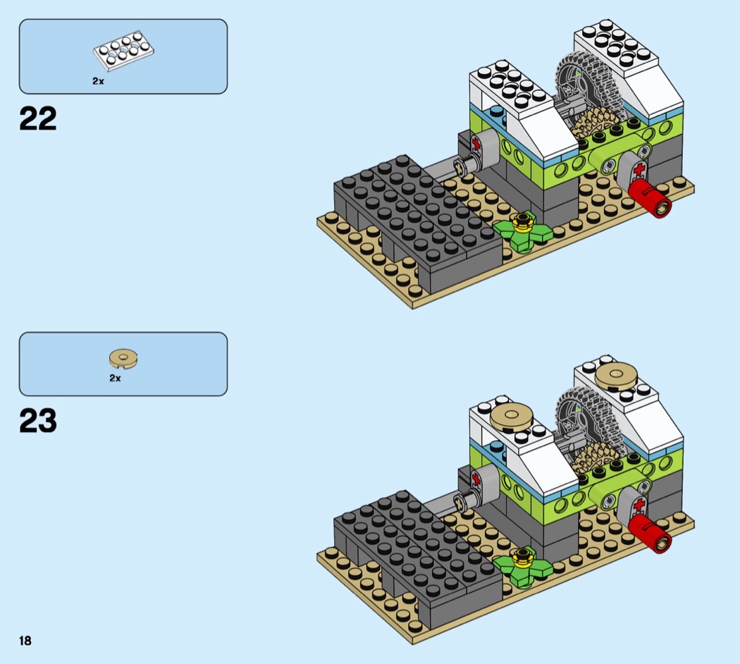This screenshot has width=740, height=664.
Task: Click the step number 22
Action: tap(38, 119)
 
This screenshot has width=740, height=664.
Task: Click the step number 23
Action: tap(38, 422)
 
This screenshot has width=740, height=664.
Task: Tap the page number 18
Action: tap(25, 640)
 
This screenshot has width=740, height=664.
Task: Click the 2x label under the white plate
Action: tap(98, 81)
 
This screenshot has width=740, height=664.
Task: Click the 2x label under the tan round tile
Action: tap(115, 379)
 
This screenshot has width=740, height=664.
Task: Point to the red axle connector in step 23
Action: tap(652, 534)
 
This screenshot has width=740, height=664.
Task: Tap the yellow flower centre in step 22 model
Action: tap(522, 223)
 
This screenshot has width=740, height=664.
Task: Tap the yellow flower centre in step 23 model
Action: tap(522, 558)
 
